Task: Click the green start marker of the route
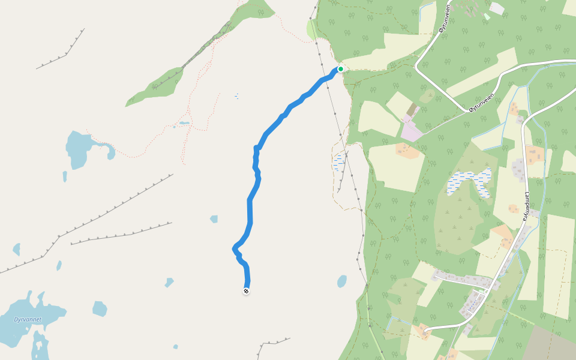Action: pyautogui.click(x=341, y=69)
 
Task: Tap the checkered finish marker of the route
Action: pyautogui.click(x=246, y=291)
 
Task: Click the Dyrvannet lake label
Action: pyautogui.click(x=28, y=319)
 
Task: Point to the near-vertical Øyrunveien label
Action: pyautogui.click(x=445, y=23)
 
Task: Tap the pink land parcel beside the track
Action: pyautogui.click(x=412, y=131)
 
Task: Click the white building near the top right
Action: pyautogui.click(x=497, y=8)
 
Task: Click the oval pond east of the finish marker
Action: pyautogui.click(x=342, y=281)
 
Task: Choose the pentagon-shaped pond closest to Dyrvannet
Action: pyautogui.click(x=99, y=309)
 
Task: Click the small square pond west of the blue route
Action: pyautogui.click(x=214, y=219)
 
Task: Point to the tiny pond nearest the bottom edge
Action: pyautogui.click(x=175, y=346)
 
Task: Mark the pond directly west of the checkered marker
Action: pyautogui.click(x=169, y=282)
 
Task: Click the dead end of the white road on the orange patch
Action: pyautogui.click(x=425, y=329)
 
